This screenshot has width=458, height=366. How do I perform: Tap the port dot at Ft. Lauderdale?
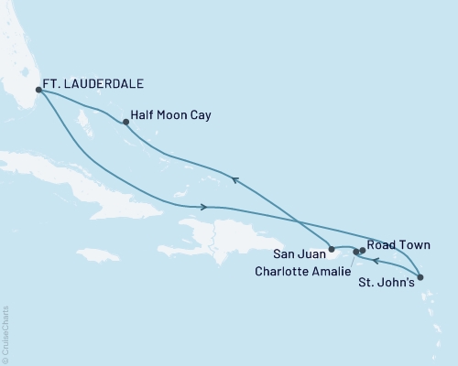coord(38,90)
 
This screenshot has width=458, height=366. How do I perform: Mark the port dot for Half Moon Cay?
coord(125,122)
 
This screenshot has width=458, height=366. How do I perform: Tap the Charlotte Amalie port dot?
coord(355,252)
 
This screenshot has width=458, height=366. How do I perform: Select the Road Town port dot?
coord(363,250)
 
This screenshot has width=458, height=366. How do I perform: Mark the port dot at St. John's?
coord(420,277)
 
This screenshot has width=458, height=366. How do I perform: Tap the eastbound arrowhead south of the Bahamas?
coord(202,207)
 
